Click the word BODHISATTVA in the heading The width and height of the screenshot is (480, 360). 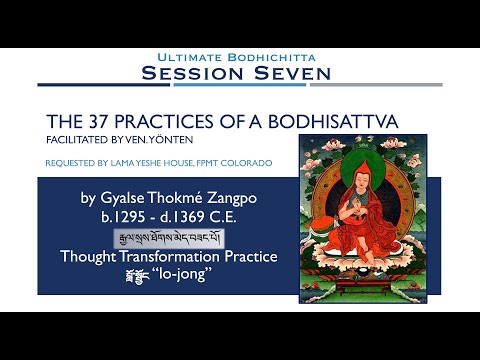315,121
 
